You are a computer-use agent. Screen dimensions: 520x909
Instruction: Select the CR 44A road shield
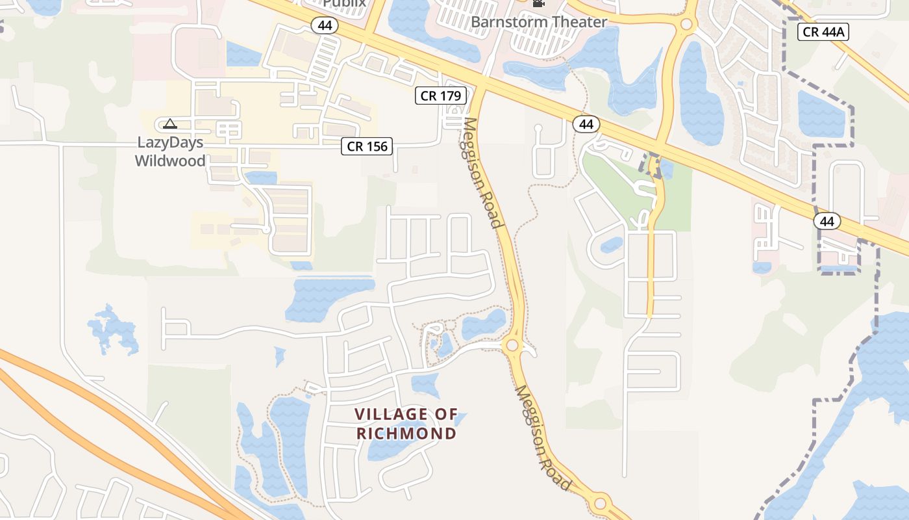click(823, 31)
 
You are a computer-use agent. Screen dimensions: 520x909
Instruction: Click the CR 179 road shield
click(441, 96)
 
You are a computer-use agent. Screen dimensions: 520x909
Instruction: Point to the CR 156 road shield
click(367, 146)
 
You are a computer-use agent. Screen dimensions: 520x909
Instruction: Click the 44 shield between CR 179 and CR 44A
click(586, 124)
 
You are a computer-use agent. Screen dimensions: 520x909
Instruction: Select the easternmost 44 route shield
click(827, 221)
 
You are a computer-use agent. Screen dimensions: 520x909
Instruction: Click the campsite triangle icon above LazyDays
click(169, 123)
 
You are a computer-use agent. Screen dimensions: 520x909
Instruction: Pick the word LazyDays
click(170, 142)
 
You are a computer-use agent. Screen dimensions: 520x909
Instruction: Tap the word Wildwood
click(170, 161)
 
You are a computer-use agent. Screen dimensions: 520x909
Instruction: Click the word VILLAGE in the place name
click(392, 414)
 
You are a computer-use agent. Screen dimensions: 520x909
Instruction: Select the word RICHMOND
click(406, 433)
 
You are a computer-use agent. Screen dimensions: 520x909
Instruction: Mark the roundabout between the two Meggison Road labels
click(513, 344)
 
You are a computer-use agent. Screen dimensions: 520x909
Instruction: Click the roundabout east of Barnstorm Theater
click(686, 25)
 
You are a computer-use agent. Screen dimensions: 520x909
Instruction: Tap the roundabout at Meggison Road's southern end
click(600, 502)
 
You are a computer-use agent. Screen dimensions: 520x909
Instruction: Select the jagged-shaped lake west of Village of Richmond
click(113, 328)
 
